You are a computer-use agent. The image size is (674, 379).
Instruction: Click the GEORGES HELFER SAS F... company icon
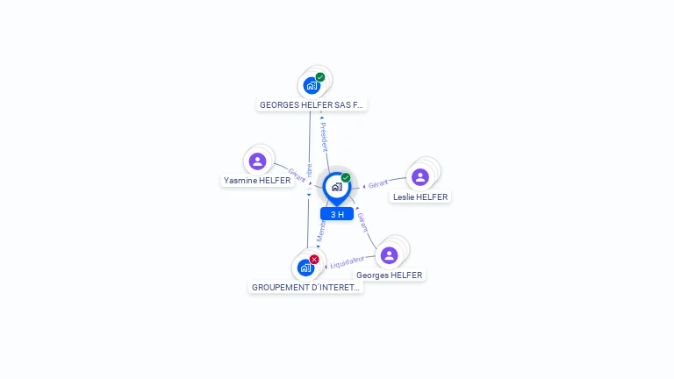311,85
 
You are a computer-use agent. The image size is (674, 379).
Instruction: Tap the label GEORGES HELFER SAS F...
311,104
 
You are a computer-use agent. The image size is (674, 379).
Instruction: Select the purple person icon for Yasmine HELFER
257,161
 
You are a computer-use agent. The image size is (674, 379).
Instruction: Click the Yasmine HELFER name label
257,181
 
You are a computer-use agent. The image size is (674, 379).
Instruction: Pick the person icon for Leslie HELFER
420,177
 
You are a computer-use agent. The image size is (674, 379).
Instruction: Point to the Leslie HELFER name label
420,197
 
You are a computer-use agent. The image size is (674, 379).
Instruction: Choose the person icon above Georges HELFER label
390,255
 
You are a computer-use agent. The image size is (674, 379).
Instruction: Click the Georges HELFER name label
390,275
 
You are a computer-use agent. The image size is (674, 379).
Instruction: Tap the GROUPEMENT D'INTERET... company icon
305,267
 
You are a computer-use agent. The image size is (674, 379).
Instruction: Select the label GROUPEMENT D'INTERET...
305,287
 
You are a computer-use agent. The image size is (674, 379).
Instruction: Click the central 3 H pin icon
336,187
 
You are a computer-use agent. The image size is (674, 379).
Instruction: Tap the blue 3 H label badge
337,214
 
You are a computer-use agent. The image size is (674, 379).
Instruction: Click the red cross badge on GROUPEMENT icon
314,259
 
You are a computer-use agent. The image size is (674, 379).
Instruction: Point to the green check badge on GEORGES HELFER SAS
320,77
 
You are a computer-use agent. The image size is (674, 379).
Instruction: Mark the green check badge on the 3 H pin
346,178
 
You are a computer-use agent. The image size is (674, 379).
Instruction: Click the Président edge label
324,135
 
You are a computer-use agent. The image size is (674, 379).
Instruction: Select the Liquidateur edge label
346,261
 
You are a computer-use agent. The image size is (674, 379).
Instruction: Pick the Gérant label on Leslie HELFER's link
378,184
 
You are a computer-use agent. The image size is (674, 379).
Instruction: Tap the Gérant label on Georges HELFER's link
362,221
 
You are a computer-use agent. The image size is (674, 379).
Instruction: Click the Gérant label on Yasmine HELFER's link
297,175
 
